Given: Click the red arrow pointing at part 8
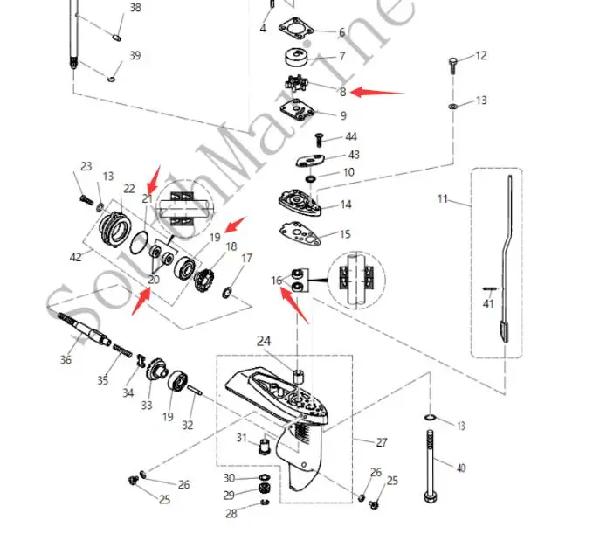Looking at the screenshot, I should coord(379,91).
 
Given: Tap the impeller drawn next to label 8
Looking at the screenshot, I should coord(304,87).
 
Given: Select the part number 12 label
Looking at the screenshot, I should coord(480,56).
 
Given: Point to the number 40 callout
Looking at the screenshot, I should coord(460,468).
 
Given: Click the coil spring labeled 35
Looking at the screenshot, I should coord(126,352).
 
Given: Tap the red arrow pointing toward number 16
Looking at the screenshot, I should coord(295,307).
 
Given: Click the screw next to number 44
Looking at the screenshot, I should coord(319,138).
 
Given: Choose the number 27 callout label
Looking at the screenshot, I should coord(381,441).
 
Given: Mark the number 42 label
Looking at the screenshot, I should coord(76,257).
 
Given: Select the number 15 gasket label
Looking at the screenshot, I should coord(345,234).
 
